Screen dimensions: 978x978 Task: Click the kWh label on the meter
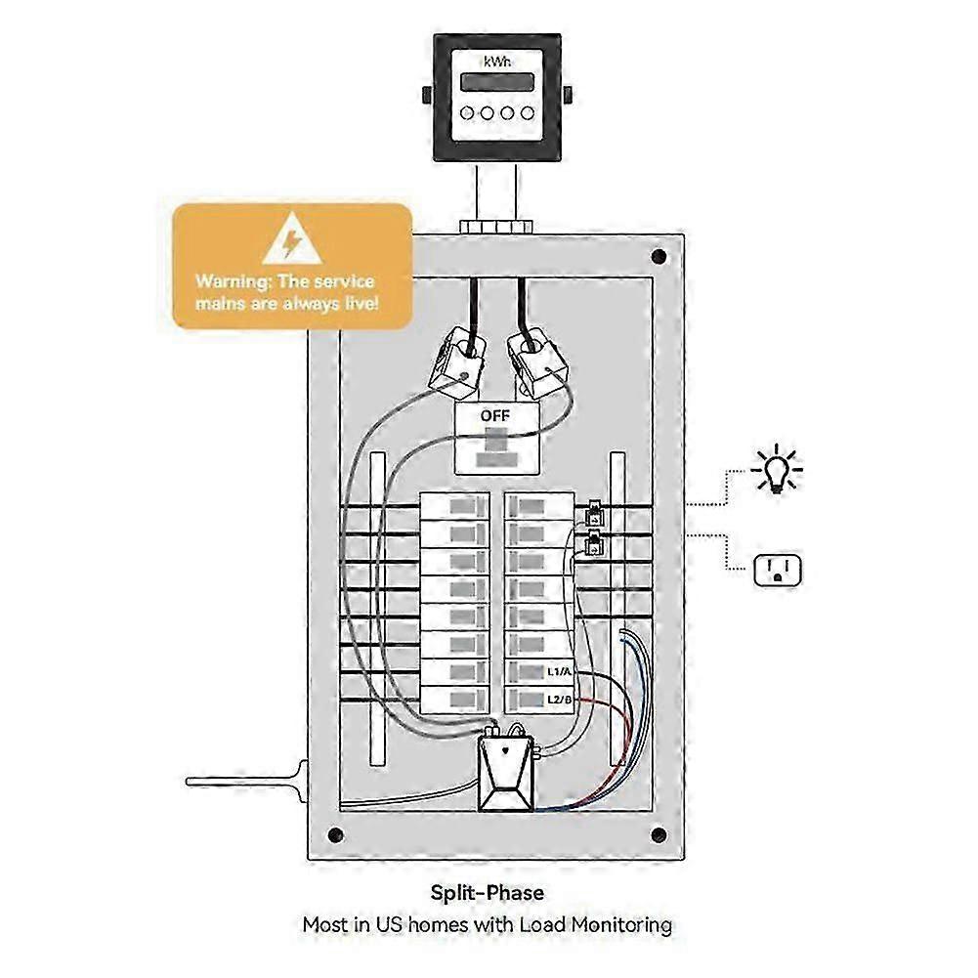point(496,61)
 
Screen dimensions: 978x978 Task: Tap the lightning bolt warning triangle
point(291,240)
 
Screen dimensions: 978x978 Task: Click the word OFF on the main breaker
point(494,415)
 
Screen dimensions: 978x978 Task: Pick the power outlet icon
point(778,569)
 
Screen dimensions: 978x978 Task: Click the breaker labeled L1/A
point(538,672)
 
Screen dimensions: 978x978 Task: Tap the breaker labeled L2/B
point(538,699)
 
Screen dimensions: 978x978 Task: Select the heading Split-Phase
point(488,892)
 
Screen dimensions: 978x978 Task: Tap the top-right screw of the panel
point(659,258)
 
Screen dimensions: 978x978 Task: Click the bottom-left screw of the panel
point(335,835)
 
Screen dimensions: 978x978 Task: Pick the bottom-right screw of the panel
point(659,835)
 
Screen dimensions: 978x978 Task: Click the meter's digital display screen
point(496,82)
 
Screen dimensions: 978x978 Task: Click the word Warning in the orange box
point(231,281)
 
